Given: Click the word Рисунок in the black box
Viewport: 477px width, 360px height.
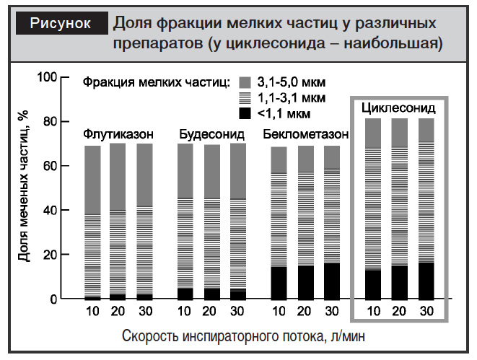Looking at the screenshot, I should [61, 23].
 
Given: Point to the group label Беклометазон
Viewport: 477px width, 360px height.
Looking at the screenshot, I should [306, 135].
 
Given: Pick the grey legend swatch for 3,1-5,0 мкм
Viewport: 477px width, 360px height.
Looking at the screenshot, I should [245, 82].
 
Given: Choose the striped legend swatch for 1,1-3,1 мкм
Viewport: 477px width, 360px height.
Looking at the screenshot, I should [245, 97].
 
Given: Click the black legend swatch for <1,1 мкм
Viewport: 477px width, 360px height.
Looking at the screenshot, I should [245, 113].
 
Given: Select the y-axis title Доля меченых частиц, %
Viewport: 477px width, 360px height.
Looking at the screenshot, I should [24, 188].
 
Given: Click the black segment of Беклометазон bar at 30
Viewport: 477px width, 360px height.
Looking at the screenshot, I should [331, 281].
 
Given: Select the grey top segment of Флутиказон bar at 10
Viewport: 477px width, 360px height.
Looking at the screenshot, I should [92, 180].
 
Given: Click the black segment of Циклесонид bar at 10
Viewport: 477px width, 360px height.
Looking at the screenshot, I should [373, 284].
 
